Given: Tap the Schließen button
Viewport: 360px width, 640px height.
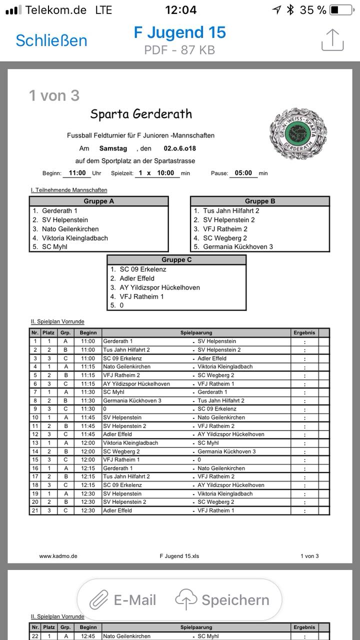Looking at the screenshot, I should [x=51, y=40].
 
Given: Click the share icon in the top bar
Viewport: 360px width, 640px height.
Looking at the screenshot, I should [x=332, y=40].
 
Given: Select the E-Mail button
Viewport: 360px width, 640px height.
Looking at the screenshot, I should [x=123, y=600].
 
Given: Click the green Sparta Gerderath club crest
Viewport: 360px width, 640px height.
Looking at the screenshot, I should [x=298, y=133].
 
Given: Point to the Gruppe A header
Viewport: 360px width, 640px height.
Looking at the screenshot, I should [x=99, y=201].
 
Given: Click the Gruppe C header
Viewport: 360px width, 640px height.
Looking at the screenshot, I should [x=176, y=260].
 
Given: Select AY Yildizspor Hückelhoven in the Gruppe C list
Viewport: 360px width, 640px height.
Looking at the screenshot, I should [x=159, y=287].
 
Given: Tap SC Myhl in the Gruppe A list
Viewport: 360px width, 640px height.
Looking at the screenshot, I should [x=54, y=246].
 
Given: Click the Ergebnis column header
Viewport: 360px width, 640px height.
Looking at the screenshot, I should [x=304, y=332].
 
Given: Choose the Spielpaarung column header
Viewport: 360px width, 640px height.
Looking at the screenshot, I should [x=196, y=332].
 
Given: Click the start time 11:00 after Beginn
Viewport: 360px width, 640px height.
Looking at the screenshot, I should [x=77, y=173].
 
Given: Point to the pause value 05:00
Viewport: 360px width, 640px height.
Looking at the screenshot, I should [x=243, y=173].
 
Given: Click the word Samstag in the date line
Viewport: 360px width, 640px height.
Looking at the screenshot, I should [x=113, y=148].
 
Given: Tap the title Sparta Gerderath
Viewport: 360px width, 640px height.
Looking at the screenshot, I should [x=141, y=114].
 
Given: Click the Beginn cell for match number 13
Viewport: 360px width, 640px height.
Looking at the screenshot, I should [x=87, y=443].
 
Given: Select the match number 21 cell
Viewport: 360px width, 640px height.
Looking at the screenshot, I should [x=35, y=510].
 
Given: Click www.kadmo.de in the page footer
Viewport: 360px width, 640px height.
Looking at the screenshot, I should [x=58, y=556].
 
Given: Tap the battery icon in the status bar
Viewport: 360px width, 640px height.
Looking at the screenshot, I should [x=341, y=10].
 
